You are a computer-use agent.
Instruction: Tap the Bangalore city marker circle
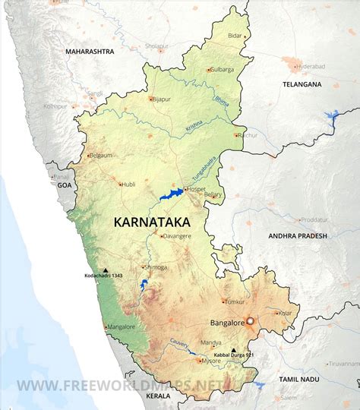(x=250, y=321)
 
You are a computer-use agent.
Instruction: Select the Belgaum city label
(x=101, y=155)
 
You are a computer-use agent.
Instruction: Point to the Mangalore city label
(x=122, y=327)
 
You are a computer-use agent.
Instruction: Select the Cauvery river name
(x=179, y=344)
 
